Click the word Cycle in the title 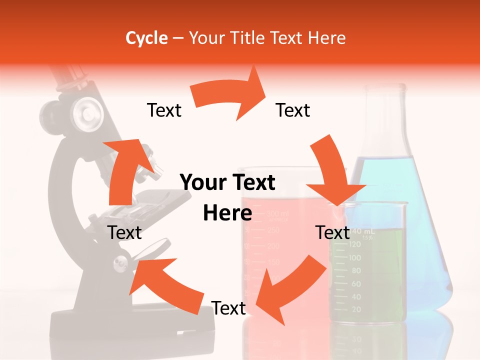[146, 38]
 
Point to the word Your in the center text [203, 182]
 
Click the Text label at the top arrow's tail [164, 110]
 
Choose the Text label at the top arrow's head [293, 110]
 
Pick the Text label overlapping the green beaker [332, 232]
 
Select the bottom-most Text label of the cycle [228, 308]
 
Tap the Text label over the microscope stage [124, 232]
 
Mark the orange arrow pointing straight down [332, 170]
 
